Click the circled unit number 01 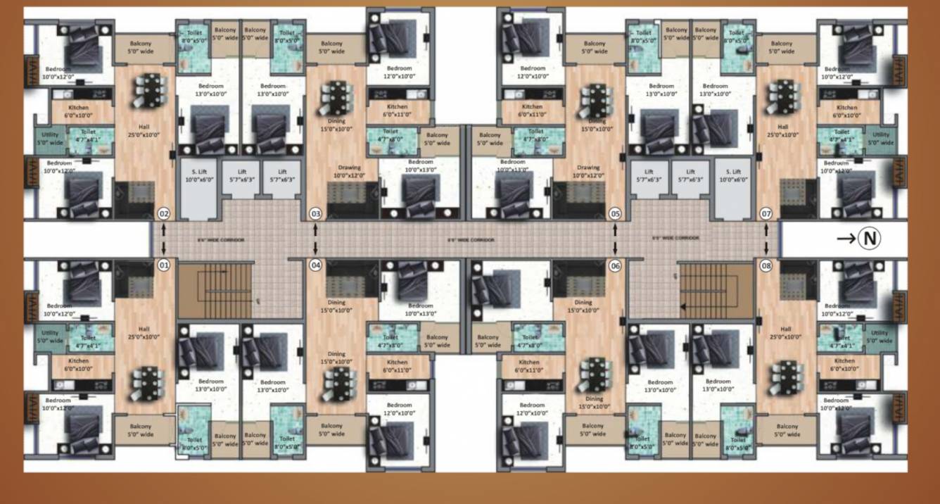[x=164, y=265]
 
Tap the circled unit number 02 [x=164, y=213]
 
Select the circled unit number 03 [x=316, y=213]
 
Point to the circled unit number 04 [x=316, y=265]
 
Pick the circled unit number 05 [x=616, y=213]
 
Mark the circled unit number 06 [x=616, y=265]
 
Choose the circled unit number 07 [x=766, y=213]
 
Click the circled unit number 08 [x=766, y=265]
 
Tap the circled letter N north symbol [x=869, y=239]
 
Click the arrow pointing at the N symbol [x=846, y=239]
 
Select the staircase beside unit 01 [x=215, y=290]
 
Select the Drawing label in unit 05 [x=588, y=168]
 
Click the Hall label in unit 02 [x=144, y=127]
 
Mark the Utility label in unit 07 [x=880, y=134]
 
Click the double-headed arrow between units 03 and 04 [x=316, y=239]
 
